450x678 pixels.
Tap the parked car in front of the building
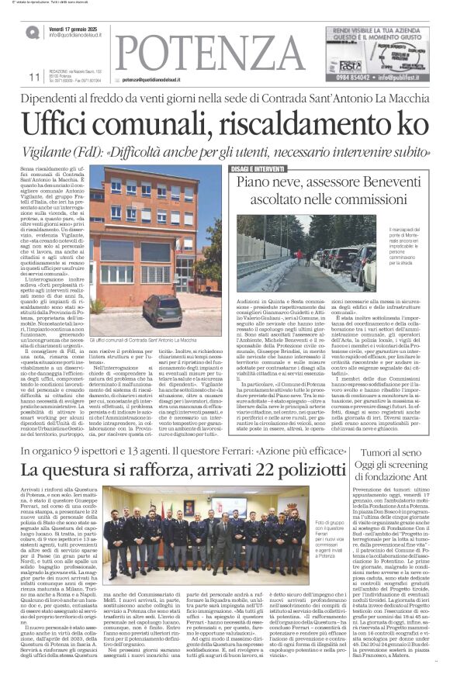[x=164, y=310]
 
